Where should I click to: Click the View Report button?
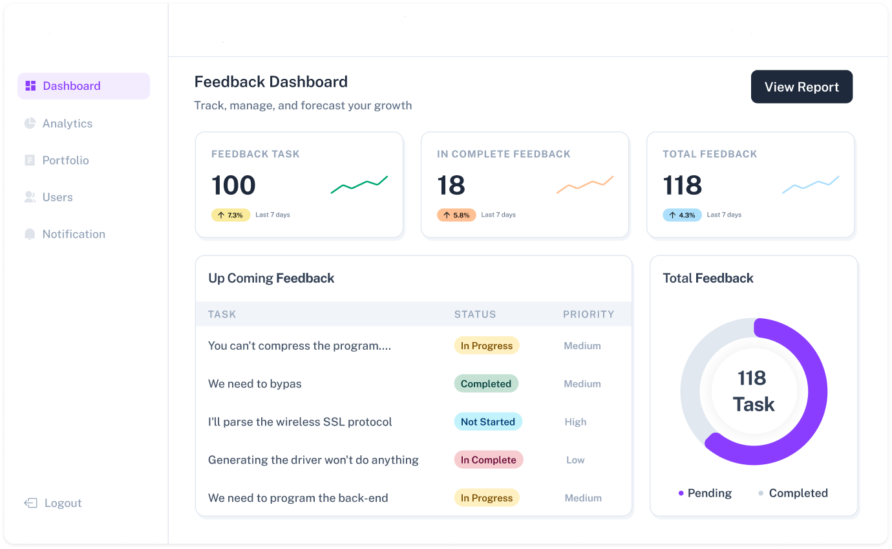(802, 87)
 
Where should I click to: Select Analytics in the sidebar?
(67, 124)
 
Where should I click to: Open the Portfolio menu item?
(65, 160)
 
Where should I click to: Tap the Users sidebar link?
(58, 197)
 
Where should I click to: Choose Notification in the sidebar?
(73, 234)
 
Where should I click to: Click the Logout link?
(62, 503)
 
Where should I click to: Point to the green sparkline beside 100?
(359, 184)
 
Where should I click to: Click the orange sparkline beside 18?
(584, 184)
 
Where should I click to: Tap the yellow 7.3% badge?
(231, 215)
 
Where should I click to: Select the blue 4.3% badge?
(682, 215)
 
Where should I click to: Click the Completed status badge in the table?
(486, 383)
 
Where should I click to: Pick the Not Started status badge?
(487, 422)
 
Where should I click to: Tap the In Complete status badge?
(488, 460)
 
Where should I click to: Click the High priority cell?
(575, 422)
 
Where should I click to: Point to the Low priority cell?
(575, 460)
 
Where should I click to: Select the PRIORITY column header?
(588, 314)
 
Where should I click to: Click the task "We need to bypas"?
(255, 383)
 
